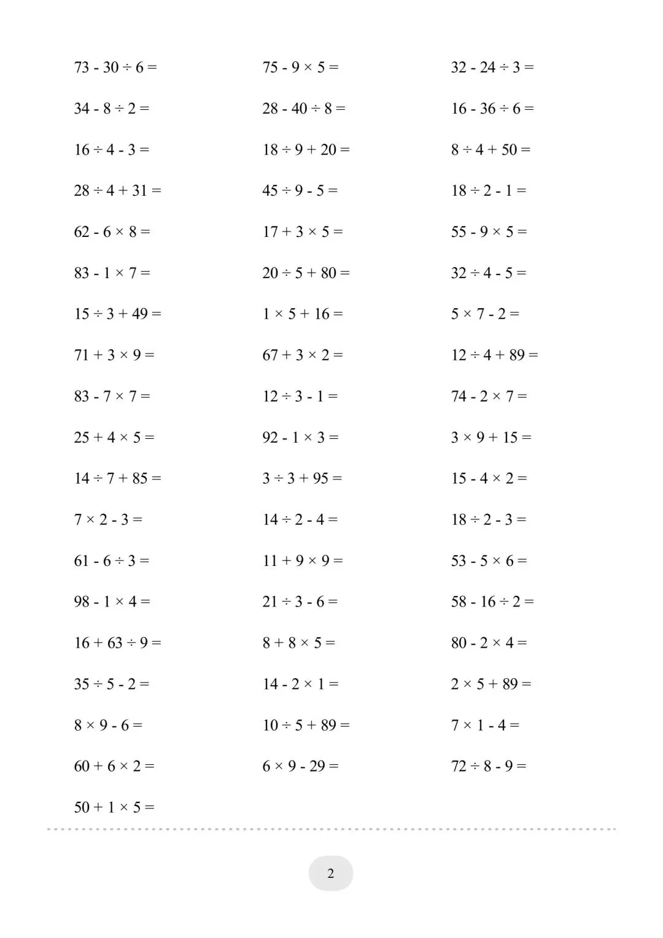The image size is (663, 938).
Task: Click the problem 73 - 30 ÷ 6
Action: click(x=115, y=67)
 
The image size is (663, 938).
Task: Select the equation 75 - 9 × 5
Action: click(x=300, y=67)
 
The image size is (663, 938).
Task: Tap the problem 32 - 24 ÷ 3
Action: click(x=492, y=67)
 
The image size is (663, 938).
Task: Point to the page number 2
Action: click(x=331, y=873)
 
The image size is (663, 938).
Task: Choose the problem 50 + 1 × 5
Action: click(x=114, y=807)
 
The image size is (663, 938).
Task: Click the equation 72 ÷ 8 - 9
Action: click(x=489, y=766)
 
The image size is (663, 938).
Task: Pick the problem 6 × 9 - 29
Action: click(x=300, y=766)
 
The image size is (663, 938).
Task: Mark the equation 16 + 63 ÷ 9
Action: click(x=117, y=642)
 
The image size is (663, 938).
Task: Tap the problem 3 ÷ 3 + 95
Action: click(x=302, y=478)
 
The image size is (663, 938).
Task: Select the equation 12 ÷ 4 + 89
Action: click(x=494, y=355)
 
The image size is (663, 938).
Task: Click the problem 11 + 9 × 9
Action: click(x=303, y=560)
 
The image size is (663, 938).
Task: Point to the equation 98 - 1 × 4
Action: click(x=112, y=601)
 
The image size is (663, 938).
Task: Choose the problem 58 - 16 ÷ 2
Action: click(x=492, y=601)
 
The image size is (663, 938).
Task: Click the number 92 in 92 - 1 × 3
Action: click(x=270, y=437)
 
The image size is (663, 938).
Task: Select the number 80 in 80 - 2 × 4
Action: click(x=459, y=642)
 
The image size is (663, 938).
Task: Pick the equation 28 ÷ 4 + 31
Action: click(x=117, y=190)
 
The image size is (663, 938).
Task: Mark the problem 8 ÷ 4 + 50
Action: click(x=490, y=149)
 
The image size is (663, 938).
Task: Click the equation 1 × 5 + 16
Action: click(x=303, y=314)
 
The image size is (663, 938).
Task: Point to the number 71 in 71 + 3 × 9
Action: click(x=82, y=355)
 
